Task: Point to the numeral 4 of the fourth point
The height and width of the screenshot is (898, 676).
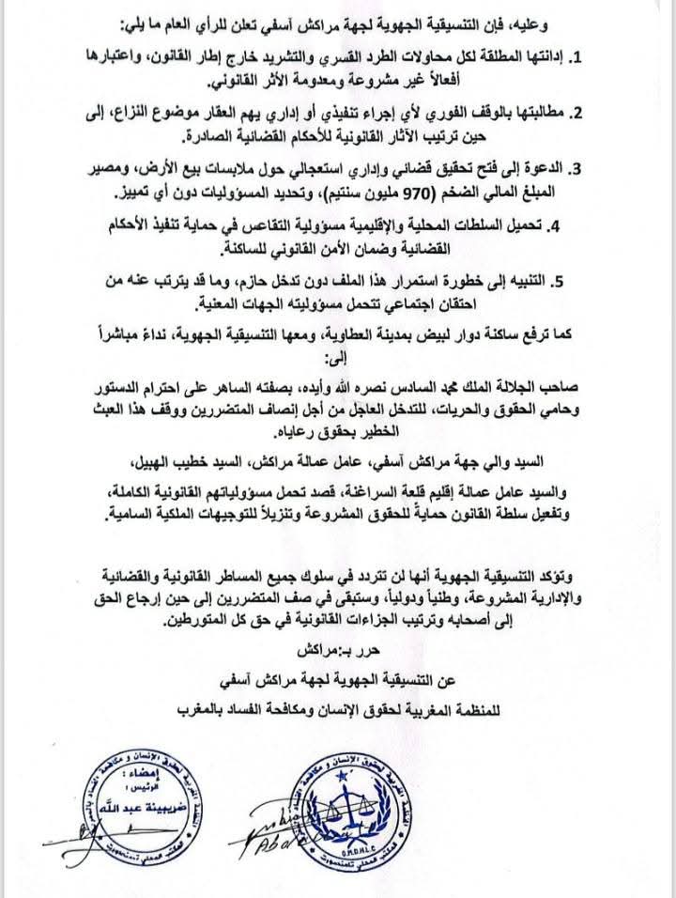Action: pyautogui.click(x=557, y=224)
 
